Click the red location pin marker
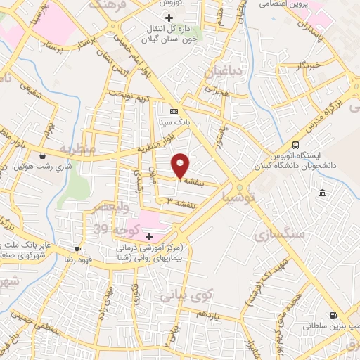(181, 165)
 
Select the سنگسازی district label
(283, 234)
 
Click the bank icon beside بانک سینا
(174, 111)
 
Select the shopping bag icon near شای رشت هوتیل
(43, 155)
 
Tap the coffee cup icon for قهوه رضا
(77, 249)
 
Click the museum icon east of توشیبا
(321, 193)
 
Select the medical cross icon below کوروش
(168, 17)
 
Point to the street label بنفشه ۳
(180, 202)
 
